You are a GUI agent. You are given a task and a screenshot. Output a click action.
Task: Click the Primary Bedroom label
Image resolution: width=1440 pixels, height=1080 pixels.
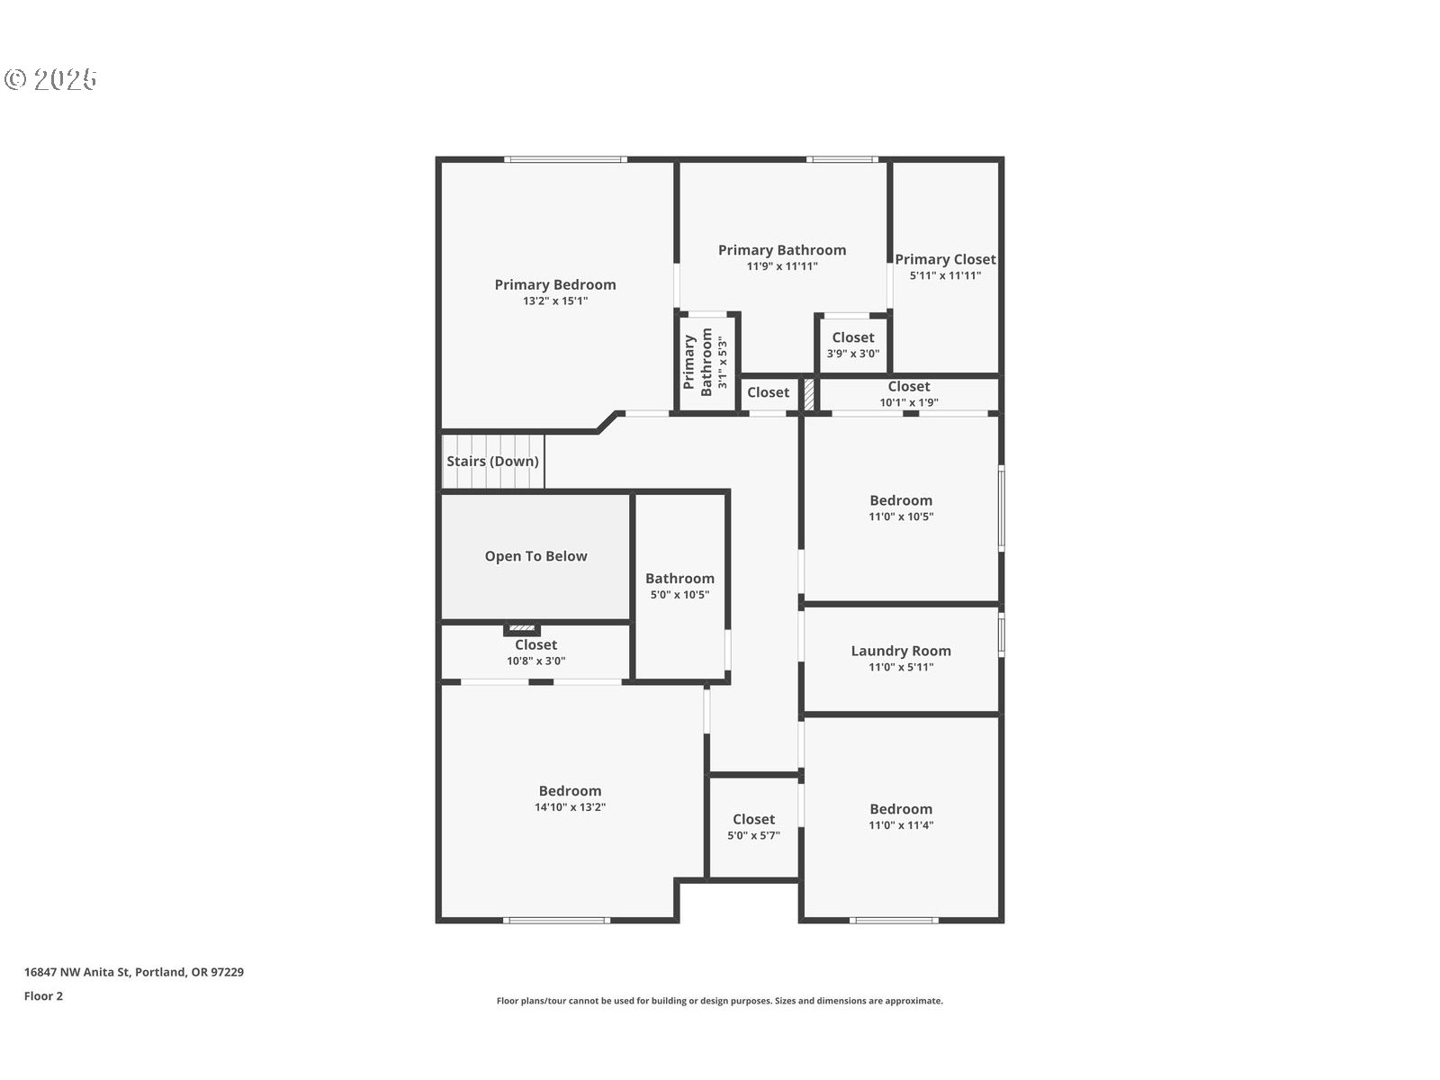click(555, 284)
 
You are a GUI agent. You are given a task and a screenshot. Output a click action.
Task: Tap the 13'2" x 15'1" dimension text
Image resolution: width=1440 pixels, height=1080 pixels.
click(555, 301)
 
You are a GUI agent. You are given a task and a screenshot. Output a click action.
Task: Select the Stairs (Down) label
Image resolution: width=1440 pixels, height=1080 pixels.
click(492, 461)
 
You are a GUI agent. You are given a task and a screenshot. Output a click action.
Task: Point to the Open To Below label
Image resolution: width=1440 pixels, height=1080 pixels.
click(536, 556)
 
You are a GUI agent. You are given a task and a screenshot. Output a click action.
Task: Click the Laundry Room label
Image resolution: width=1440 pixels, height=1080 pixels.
click(901, 651)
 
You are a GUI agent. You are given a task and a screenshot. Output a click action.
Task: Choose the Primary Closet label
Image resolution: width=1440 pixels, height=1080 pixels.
click(945, 260)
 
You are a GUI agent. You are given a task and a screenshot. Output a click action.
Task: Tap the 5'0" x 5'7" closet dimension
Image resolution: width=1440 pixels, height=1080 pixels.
click(754, 835)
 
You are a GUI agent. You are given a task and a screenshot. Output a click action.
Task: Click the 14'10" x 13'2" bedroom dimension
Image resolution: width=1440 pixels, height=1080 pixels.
click(570, 807)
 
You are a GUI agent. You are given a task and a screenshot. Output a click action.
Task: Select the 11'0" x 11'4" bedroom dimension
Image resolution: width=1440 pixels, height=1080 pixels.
click(901, 825)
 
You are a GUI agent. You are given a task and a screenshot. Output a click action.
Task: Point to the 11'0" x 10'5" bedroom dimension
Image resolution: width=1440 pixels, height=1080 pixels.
click(901, 517)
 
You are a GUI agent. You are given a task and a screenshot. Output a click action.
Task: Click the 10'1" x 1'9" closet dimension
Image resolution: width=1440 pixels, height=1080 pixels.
click(909, 402)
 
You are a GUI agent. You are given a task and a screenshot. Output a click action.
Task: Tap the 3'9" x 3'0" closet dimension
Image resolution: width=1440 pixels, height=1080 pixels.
click(853, 354)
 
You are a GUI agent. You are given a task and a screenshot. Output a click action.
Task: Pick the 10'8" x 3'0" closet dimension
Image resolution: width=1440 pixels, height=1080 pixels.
click(536, 661)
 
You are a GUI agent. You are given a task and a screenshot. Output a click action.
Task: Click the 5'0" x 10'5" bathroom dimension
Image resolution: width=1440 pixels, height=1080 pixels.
click(679, 595)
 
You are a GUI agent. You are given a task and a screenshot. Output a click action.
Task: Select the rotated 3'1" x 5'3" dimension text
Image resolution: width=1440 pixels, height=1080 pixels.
click(723, 362)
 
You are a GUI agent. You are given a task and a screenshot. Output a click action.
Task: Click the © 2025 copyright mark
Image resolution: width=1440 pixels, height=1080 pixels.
click(50, 79)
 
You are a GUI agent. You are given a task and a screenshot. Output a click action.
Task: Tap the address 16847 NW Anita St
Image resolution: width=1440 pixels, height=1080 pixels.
click(77, 972)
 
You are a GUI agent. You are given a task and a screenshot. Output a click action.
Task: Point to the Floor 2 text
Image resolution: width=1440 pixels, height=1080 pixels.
click(43, 996)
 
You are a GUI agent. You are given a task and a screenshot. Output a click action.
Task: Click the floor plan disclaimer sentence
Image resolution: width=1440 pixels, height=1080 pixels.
click(720, 1001)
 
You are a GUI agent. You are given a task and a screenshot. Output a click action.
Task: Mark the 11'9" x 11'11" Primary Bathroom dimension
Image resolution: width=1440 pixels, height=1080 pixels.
click(782, 266)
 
